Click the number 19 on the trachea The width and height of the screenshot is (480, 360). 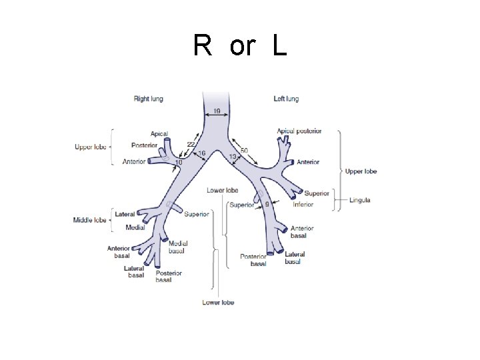tap(217, 111)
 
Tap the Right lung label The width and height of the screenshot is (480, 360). tap(148, 99)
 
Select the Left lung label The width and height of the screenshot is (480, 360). tap(286, 99)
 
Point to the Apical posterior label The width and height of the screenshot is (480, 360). tap(299, 131)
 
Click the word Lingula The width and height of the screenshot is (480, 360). tap(358, 200)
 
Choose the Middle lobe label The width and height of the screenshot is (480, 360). tap(90, 220)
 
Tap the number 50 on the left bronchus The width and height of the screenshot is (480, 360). tap(244, 151)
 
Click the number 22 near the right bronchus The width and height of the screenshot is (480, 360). tap(191, 145)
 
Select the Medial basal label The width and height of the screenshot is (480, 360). tap(178, 247)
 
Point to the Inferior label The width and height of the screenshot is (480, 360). tap(303, 205)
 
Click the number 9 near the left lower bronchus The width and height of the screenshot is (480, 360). tap(267, 204)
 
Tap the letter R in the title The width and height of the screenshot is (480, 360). tap(203, 46)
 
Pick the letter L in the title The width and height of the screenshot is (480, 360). tap(279, 46)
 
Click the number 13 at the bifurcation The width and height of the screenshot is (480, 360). tap(233, 157)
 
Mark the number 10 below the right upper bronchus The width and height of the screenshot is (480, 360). tap(179, 163)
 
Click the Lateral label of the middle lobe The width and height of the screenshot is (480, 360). tap(125, 215)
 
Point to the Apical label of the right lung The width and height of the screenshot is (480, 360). tap(159, 134)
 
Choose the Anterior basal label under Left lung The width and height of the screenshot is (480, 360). tap(302, 232)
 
